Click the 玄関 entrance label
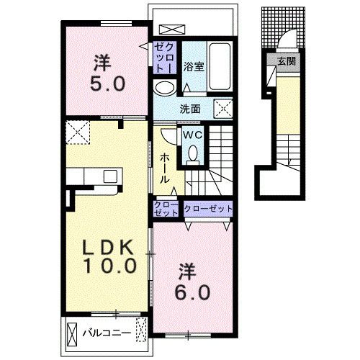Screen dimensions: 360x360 (x=287, y=62)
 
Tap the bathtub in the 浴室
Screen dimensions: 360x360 (x=220, y=66)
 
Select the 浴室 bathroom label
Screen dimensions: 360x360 (x=194, y=67)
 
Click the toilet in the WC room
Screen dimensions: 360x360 (x=193, y=154)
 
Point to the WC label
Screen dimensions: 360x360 (x=192, y=135)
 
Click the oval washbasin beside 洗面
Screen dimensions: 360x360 (x=165, y=88)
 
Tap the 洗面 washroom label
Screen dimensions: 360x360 (x=190, y=109)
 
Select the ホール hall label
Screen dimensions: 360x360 (x=165, y=168)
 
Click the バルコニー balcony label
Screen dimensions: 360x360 (x=107, y=333)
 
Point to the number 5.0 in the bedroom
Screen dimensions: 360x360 (x=107, y=84)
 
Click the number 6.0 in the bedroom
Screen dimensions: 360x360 (x=192, y=292)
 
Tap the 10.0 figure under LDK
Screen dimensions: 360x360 (x=110, y=266)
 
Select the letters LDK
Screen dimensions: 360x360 (x=108, y=248)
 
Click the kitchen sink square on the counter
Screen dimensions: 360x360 (x=110, y=176)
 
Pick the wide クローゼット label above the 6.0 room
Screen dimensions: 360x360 (x=208, y=209)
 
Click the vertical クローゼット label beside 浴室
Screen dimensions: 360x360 (x=165, y=58)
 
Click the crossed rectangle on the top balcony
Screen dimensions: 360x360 (x=172, y=30)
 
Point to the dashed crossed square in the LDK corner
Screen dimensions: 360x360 (x=78, y=132)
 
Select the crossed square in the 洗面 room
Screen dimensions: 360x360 (x=223, y=108)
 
